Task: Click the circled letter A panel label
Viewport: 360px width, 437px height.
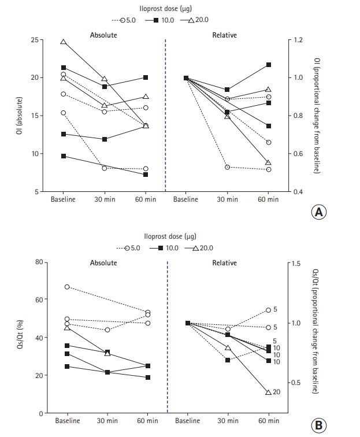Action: click(x=319, y=212)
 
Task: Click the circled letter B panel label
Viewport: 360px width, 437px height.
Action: click(x=319, y=426)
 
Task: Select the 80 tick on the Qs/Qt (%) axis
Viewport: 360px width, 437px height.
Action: click(x=38, y=262)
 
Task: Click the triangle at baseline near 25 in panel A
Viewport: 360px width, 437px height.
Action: click(x=64, y=42)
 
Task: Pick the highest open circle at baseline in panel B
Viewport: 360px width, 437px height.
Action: click(x=67, y=287)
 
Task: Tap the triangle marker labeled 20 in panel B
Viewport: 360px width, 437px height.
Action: click(x=268, y=392)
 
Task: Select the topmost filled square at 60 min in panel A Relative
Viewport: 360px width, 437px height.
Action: click(x=269, y=65)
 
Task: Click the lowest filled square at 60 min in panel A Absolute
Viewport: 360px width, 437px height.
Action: click(x=146, y=175)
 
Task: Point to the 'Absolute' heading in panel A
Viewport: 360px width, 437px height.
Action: click(x=103, y=35)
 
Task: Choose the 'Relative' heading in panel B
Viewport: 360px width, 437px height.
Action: click(x=224, y=263)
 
